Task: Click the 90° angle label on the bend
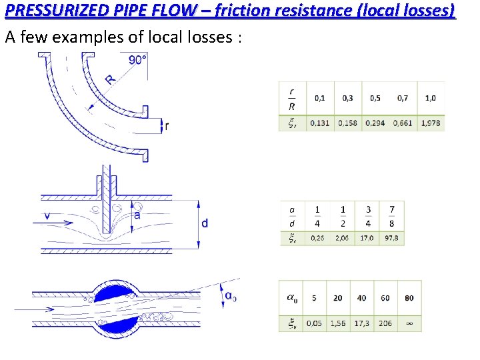[x=137, y=60]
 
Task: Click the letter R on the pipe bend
[x=110, y=79]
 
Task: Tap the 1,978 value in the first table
[x=430, y=123]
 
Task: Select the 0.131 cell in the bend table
[x=319, y=123]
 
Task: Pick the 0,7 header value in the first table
[x=403, y=98]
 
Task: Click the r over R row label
[x=292, y=98]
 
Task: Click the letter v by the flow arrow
[x=46, y=215]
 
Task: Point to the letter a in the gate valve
[x=137, y=215]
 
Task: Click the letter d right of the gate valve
[x=204, y=223]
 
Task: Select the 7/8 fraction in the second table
[x=392, y=216]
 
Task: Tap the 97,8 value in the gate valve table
[x=392, y=237]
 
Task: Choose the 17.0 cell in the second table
[x=367, y=237]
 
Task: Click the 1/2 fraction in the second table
[x=343, y=216]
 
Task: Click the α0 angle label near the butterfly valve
[x=231, y=297]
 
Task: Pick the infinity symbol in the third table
[x=409, y=323]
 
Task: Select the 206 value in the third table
[x=385, y=323]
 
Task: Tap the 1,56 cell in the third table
[x=338, y=323]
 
